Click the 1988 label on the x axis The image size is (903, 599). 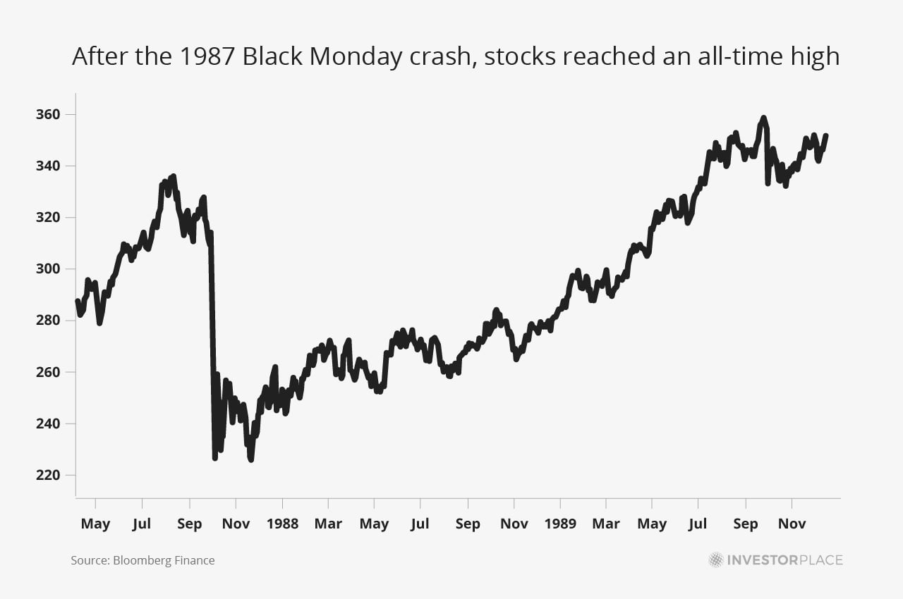click(282, 524)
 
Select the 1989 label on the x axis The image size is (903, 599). click(560, 524)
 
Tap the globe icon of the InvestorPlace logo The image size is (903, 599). click(716, 560)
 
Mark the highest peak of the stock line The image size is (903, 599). click(763, 118)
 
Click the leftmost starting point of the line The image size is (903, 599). click(77, 302)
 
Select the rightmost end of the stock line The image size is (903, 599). click(826, 135)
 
